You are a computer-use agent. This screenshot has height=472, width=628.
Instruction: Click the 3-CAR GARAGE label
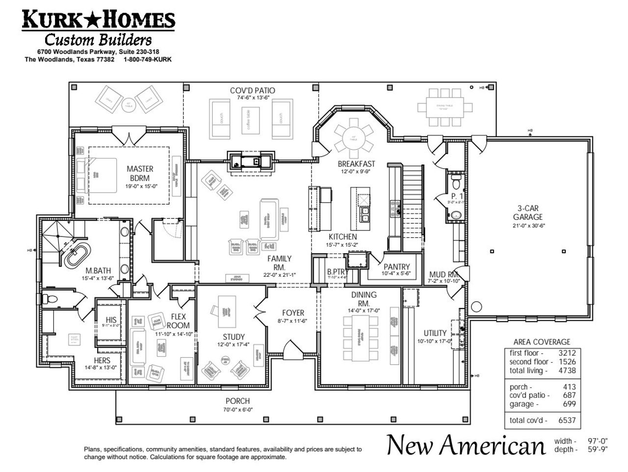click(528, 212)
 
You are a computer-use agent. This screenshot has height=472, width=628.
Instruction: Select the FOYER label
click(293, 313)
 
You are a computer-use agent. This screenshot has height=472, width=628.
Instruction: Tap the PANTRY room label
click(397, 267)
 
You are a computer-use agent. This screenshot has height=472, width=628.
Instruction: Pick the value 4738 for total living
click(566, 370)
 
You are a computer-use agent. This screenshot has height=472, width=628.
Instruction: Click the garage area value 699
click(569, 404)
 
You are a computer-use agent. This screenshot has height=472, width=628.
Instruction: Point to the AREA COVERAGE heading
click(541, 342)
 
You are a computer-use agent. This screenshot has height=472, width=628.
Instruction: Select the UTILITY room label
click(435, 333)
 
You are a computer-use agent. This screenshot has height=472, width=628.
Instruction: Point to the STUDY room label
click(234, 337)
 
